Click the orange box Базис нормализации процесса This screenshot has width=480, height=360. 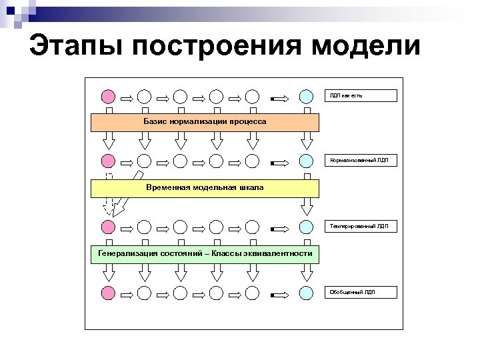point(205,122)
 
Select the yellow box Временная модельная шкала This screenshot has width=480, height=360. point(205,188)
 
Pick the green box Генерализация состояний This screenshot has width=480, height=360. point(205,254)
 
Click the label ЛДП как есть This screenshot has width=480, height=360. point(361,96)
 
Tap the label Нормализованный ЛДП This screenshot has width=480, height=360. point(361,161)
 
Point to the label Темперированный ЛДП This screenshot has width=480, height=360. point(361,227)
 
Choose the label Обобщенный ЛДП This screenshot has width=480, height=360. point(361,292)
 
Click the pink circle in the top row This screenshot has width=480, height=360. point(108,96)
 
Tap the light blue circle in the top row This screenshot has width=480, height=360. point(305,96)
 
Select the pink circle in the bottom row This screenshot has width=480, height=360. point(108,292)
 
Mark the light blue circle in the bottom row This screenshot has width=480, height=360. point(305,292)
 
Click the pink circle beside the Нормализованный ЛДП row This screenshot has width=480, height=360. point(108,161)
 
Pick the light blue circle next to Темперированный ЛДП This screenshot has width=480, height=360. point(305,227)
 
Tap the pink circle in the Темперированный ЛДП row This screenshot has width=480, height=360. point(108,227)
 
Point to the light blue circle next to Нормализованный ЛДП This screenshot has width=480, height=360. point(305,161)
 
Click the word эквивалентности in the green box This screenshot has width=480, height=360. point(277,254)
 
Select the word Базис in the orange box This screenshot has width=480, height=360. point(155,122)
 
